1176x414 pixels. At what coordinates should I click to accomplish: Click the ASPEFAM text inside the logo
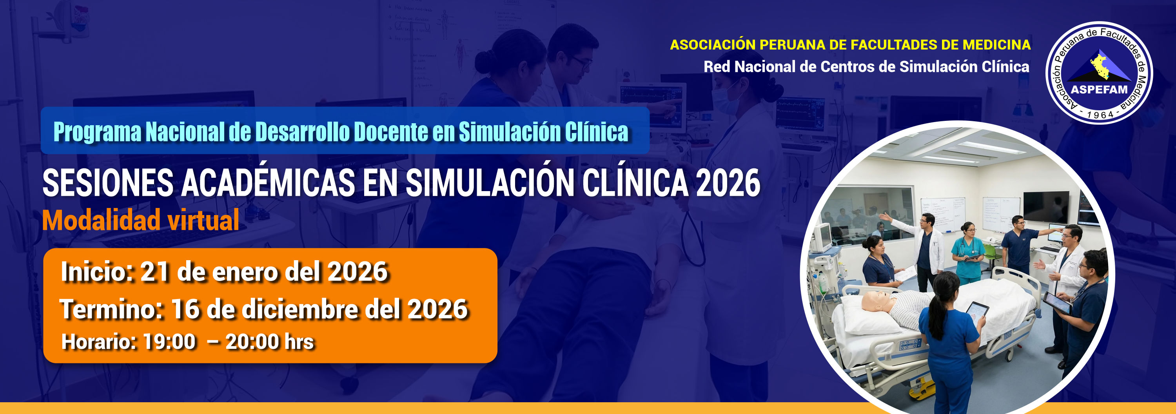point(1099,89)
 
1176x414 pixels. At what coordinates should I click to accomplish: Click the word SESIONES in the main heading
point(108,183)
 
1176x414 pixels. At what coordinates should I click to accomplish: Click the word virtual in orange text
point(203,220)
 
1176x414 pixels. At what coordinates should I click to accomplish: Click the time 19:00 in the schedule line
point(169,342)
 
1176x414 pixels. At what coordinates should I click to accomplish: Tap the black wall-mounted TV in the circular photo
point(1046,208)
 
